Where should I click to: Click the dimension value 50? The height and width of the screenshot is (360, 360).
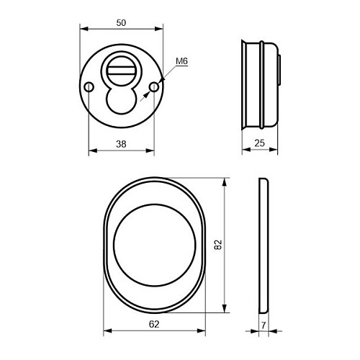[121, 23]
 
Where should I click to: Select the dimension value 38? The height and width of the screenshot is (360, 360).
[121, 144]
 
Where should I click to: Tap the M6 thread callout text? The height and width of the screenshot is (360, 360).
[181, 61]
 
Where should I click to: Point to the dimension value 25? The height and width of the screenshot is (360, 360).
[260, 143]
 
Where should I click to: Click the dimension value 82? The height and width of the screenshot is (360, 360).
[218, 245]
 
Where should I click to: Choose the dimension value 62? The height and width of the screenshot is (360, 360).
[154, 324]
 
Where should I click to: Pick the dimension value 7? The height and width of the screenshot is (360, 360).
[264, 325]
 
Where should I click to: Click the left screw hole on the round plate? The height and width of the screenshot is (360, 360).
[89, 87]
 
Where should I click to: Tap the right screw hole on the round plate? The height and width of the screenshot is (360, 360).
[154, 87]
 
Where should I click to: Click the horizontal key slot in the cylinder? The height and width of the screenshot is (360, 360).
[121, 71]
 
